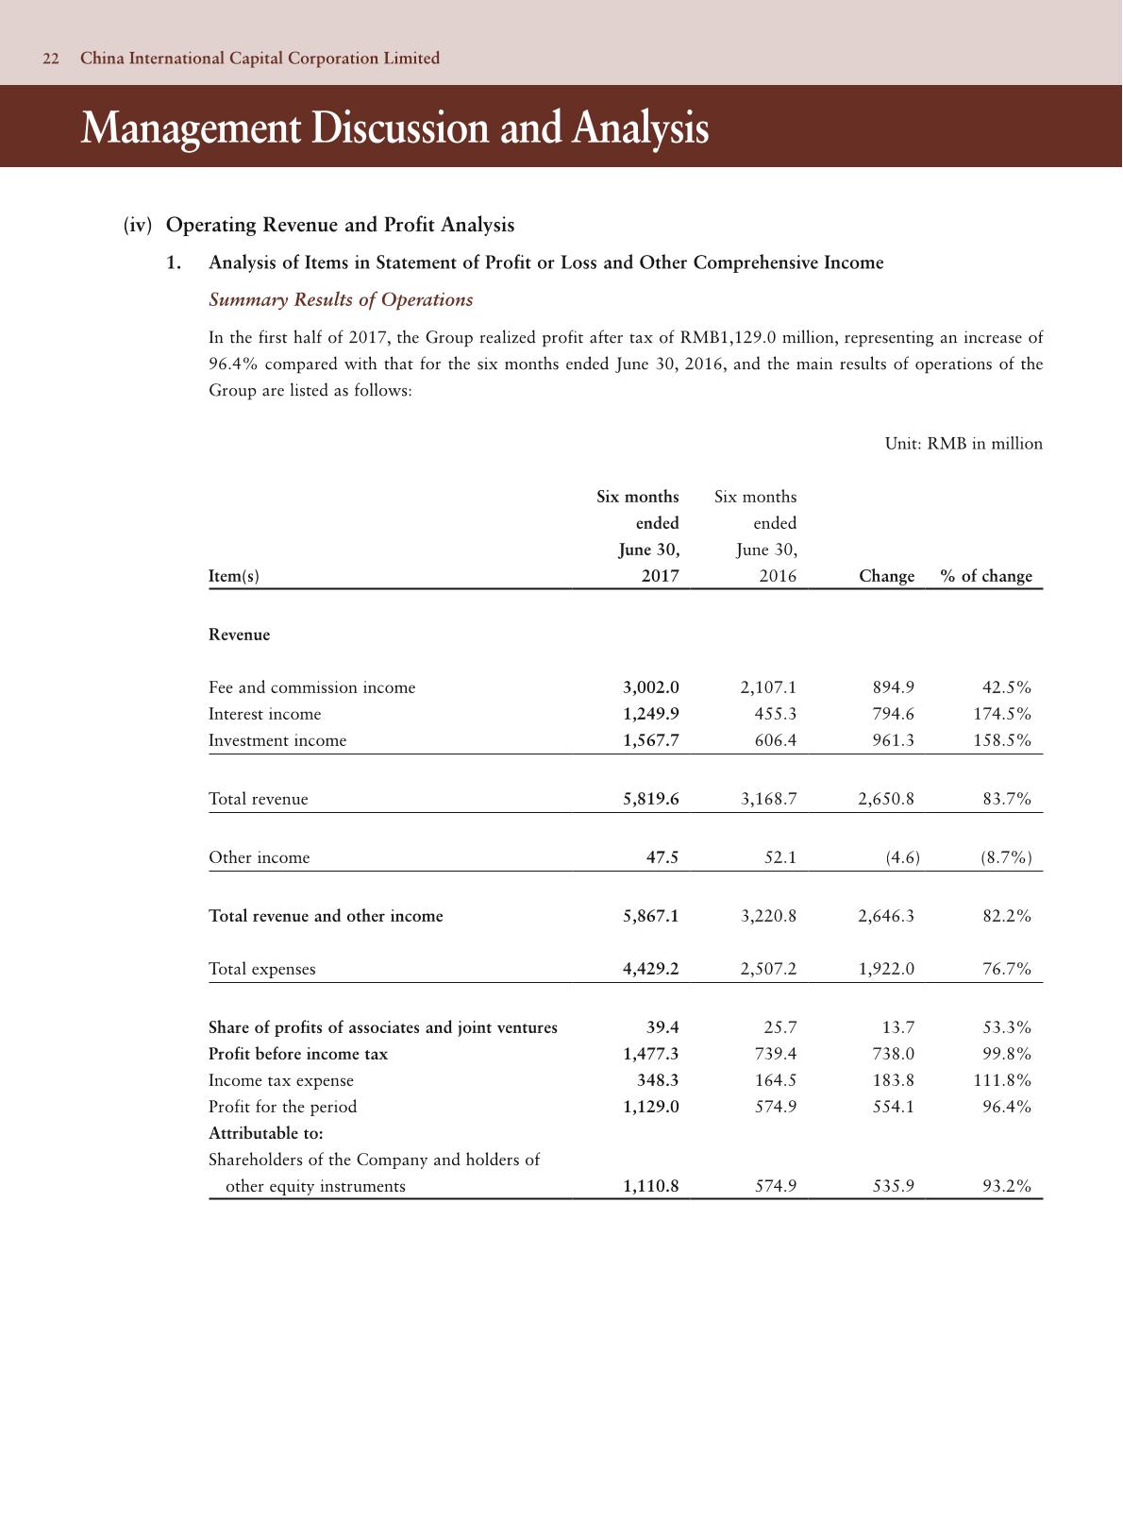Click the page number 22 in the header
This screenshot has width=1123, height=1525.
(51, 59)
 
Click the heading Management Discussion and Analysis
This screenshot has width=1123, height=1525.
(394, 127)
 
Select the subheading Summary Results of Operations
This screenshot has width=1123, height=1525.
(341, 300)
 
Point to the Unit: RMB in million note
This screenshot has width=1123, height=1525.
(964, 444)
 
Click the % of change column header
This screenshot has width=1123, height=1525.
(986, 576)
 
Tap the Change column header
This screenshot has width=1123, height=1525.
(886, 576)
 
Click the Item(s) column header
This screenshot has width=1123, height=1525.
(233, 576)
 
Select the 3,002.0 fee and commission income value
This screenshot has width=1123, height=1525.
(650, 687)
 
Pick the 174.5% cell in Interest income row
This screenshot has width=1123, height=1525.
(1002, 714)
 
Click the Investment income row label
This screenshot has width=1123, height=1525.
(277, 740)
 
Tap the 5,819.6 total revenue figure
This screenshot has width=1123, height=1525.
(650, 799)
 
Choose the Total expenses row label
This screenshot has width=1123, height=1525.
(262, 969)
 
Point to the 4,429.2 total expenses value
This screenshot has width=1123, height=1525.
(650, 969)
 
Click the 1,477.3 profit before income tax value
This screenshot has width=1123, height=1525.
(650, 1054)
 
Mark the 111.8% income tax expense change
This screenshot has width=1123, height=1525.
(1002, 1080)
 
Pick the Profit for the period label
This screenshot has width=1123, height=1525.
(282, 1107)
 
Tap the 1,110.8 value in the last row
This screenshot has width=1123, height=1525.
(650, 1186)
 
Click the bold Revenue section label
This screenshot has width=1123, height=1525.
(239, 635)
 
